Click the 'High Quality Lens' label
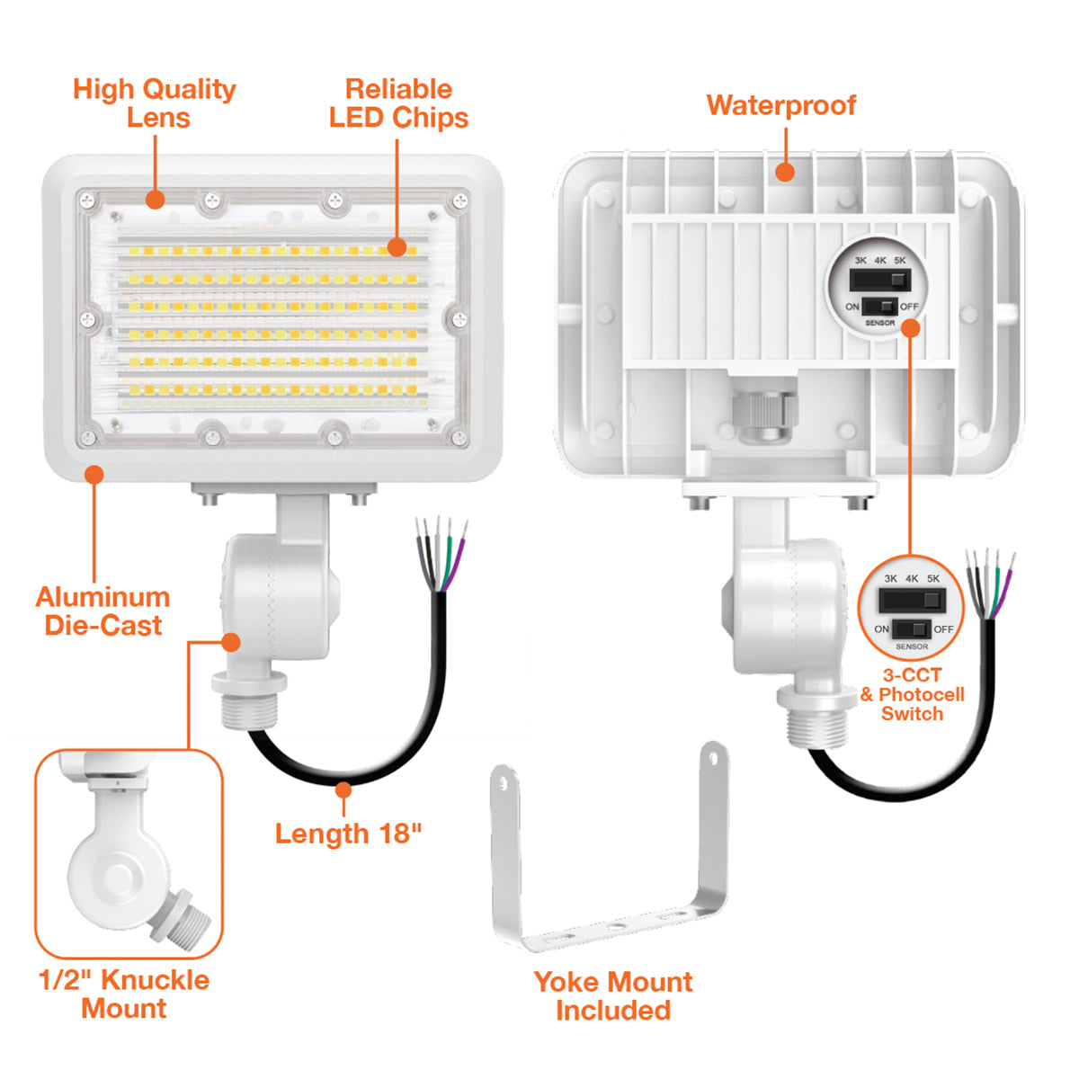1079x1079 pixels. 155,103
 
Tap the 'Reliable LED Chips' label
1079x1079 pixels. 398,103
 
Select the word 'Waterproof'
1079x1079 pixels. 780,105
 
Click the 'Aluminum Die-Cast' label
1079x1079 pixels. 103,611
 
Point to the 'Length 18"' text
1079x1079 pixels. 348,834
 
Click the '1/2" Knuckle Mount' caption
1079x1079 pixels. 124,994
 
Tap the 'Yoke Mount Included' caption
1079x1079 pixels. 613,995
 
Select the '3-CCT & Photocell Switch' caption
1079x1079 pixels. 912,694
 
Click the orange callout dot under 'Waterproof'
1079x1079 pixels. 785,172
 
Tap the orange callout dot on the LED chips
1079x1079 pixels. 397,247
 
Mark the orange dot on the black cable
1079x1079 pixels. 343,789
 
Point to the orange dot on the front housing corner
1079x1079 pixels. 94,474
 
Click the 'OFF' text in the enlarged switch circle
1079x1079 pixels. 943,629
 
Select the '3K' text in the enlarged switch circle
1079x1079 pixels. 890,579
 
